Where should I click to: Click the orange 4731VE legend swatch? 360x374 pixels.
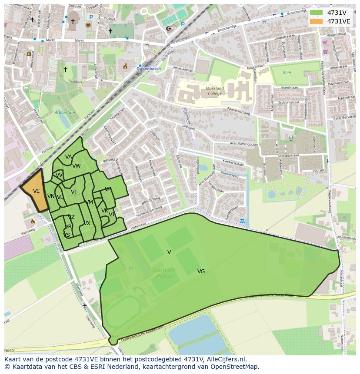point(316,21)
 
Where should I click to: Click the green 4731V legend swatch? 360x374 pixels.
point(316,13)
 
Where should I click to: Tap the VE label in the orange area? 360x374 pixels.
point(36,191)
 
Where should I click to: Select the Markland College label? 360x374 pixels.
point(215,91)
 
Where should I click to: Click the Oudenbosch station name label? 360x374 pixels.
point(149,69)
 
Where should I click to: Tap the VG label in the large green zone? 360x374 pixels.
point(201,271)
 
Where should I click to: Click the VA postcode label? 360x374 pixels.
point(68,157)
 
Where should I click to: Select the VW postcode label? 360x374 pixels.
point(77,166)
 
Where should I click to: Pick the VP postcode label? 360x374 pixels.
point(108,189)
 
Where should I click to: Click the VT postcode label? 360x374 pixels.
point(74,192)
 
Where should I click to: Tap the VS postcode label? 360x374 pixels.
point(67,235)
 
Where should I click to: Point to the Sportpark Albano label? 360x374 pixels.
point(164,273)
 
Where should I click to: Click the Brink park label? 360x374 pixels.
point(287,73)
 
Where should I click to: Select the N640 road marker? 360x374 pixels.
point(9,351)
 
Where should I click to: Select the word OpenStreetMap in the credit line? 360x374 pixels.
point(235,367)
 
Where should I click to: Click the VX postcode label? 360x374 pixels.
point(87,223)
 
